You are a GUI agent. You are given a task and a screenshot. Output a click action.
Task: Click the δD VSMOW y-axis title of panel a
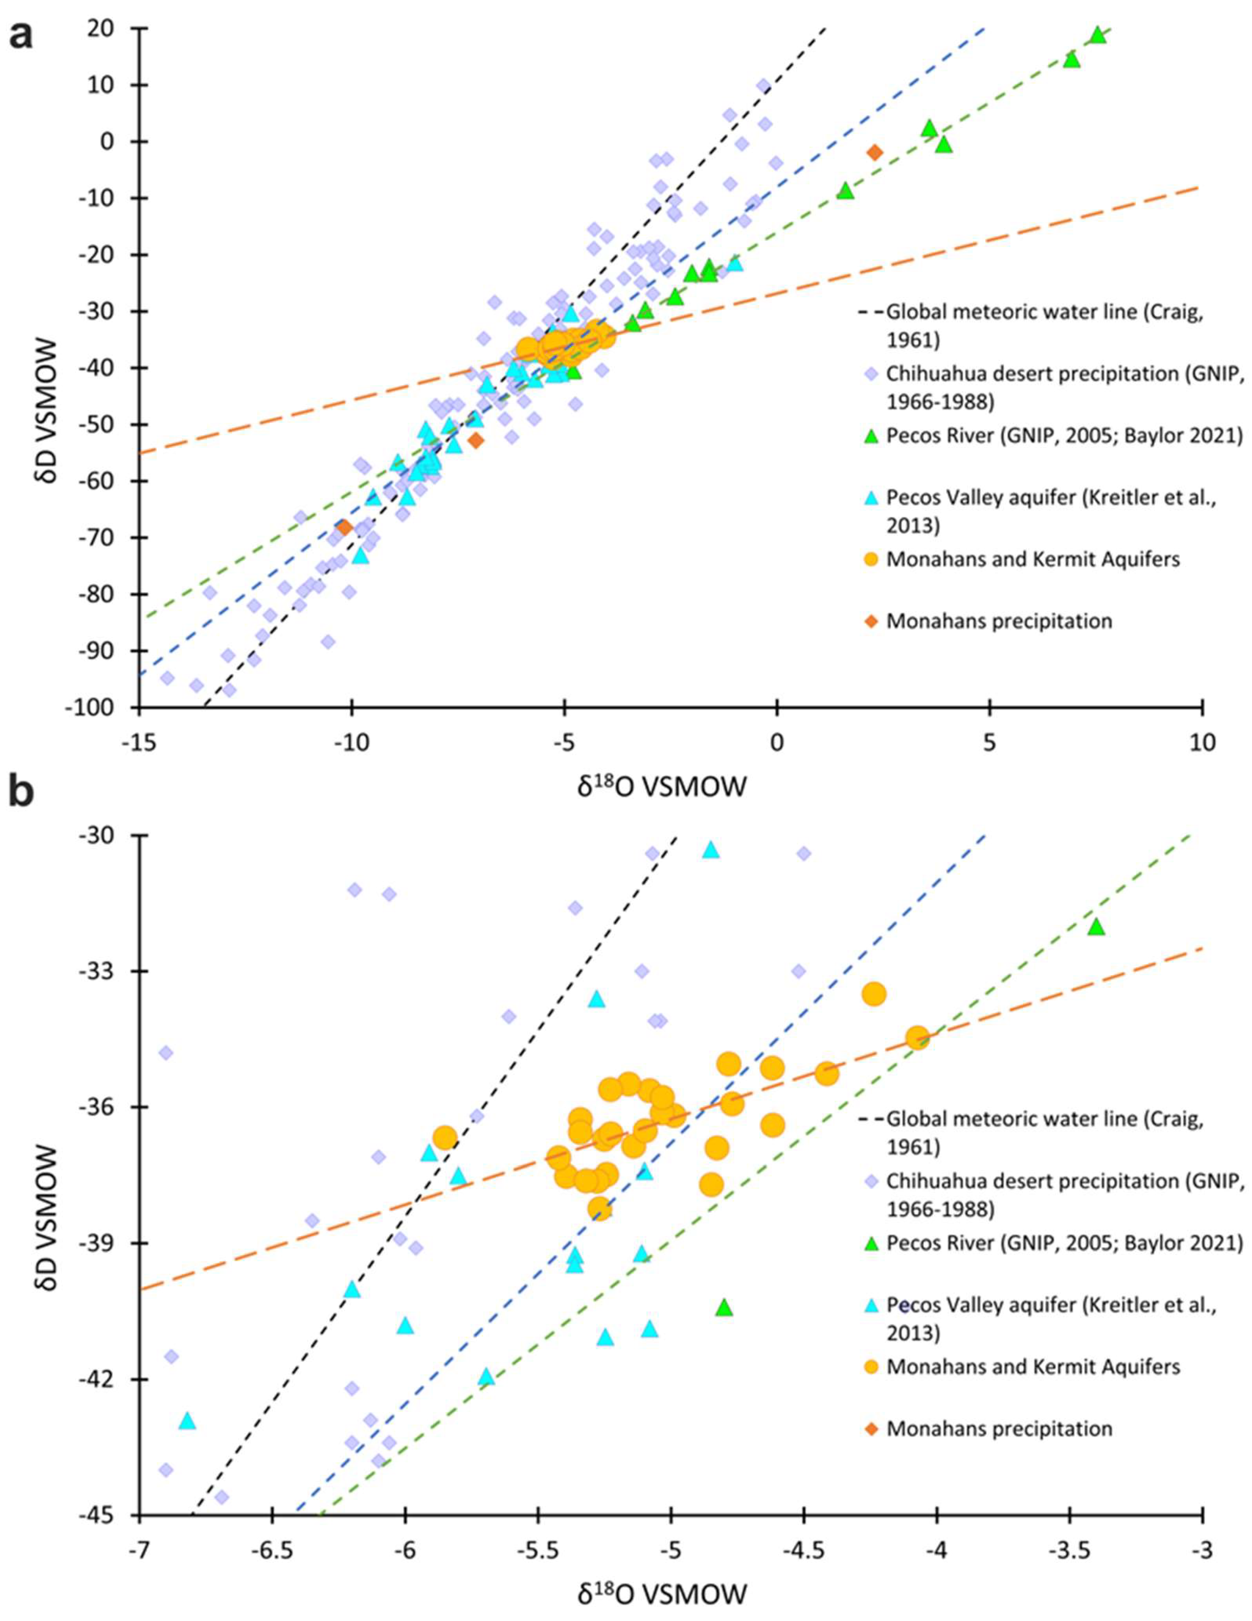point(53,369)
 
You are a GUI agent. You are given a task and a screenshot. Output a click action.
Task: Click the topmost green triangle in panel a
point(1098,35)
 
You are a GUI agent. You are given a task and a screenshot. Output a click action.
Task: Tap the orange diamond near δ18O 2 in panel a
point(875,152)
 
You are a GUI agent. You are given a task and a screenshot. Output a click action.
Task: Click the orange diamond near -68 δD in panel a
point(344,527)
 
